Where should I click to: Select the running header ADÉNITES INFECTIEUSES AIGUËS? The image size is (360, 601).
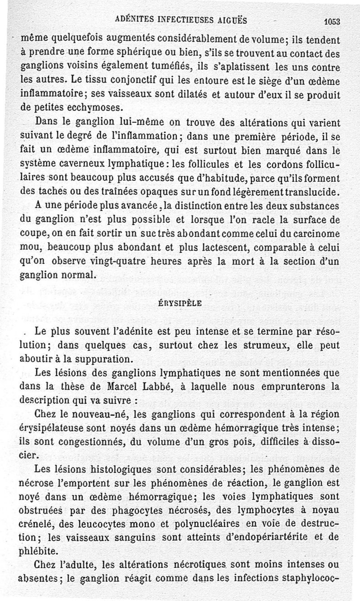click(181, 19)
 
